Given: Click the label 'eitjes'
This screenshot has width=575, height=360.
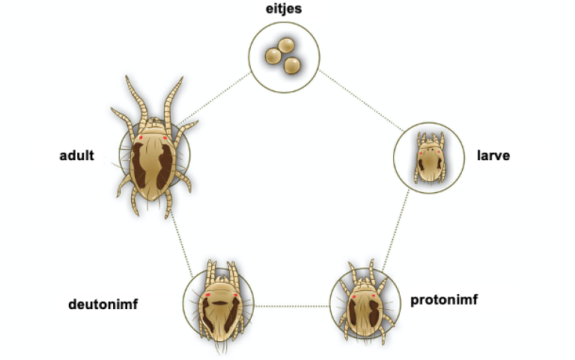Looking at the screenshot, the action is pyautogui.click(x=284, y=9).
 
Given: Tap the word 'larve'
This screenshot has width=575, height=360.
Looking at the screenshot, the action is pyautogui.click(x=493, y=156).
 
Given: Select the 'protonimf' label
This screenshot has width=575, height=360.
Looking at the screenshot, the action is pyautogui.click(x=444, y=300).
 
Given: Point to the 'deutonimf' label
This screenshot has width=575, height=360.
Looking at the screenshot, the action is pyautogui.click(x=103, y=305).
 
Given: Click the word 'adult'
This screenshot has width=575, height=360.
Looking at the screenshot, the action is pyautogui.click(x=76, y=156).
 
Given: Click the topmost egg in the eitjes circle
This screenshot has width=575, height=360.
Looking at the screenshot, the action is pyautogui.click(x=286, y=46).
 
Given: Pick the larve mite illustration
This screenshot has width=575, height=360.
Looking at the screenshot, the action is pyautogui.click(x=430, y=158).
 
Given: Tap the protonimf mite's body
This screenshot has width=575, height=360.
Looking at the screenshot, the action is pyautogui.click(x=365, y=311).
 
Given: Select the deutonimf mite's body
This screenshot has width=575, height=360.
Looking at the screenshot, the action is pyautogui.click(x=220, y=311).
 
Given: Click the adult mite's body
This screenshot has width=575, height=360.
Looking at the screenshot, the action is pyautogui.click(x=153, y=162).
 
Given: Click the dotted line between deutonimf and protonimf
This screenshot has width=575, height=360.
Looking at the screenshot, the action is pyautogui.click(x=292, y=306).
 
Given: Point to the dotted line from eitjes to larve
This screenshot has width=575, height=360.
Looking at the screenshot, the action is pyautogui.click(x=361, y=100).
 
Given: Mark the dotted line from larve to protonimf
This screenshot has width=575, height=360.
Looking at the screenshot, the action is pyautogui.click(x=395, y=231).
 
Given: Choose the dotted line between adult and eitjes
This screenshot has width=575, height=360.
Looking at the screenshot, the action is pyautogui.click(x=215, y=99).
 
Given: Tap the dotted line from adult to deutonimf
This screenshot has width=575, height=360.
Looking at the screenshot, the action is pyautogui.click(x=181, y=244).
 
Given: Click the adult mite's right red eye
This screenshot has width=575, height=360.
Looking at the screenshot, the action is pyautogui.click(x=165, y=138).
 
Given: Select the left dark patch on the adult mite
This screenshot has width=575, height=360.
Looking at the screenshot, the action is pyautogui.click(x=139, y=165).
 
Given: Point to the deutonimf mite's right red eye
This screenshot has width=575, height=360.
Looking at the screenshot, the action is pyautogui.click(x=235, y=294).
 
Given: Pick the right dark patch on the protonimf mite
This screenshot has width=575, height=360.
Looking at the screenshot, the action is pyautogui.click(x=374, y=313).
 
